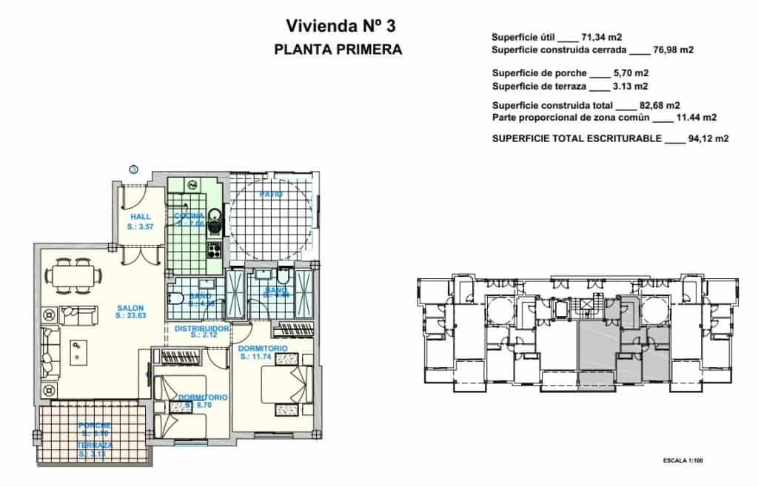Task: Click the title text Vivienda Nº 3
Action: pos(341,26)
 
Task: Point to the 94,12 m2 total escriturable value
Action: pos(697,138)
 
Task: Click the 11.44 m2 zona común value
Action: pos(697,117)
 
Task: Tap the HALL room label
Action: pos(140,217)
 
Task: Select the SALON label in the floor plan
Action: pos(130,308)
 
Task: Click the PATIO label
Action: pos(271,194)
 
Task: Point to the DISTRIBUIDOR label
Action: pos(202,328)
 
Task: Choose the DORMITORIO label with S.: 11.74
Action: pos(264,348)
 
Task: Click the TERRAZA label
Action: pos(95,446)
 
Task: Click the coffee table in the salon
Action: pos(78,351)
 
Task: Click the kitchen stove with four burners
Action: pos(215,249)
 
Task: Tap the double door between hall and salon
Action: pos(141,253)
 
